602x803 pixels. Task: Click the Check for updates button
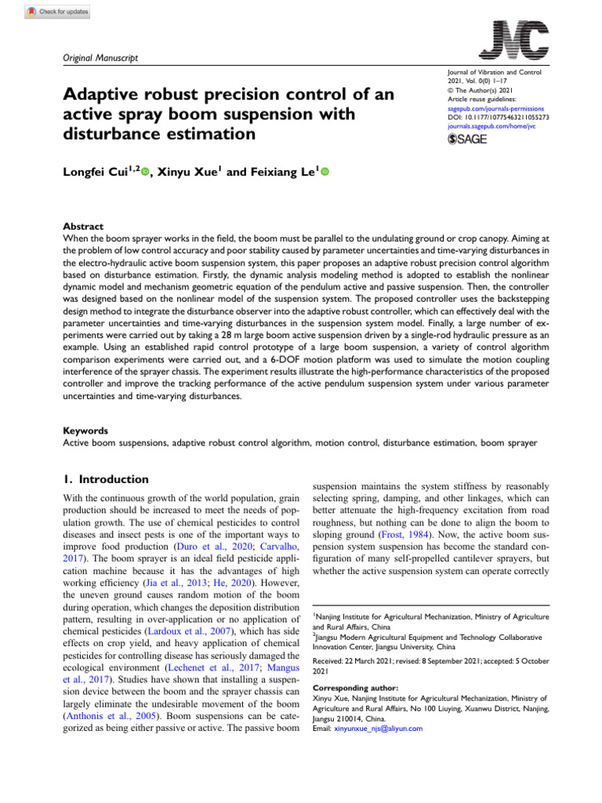[58, 13]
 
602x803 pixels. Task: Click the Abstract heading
[82, 225]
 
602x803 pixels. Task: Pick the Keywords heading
[85, 431]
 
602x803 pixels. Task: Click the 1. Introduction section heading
[105, 479]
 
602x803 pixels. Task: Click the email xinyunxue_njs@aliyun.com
[378, 729]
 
